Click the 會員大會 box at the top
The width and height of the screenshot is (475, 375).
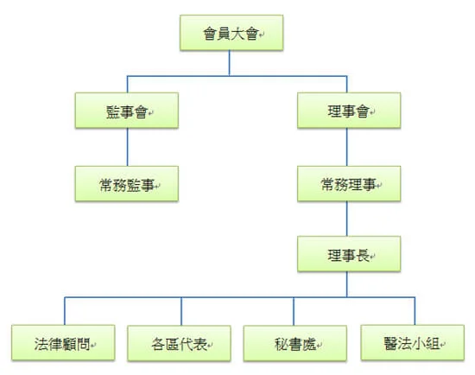click(231, 33)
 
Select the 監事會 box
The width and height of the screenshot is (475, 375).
click(127, 111)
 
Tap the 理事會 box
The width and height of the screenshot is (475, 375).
click(349, 111)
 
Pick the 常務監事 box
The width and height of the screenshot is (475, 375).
click(127, 183)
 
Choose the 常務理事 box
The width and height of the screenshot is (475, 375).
click(349, 183)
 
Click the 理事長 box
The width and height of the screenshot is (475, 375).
click(349, 254)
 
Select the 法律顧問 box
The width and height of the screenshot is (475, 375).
click(63, 342)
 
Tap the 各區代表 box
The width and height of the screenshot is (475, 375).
click(179, 343)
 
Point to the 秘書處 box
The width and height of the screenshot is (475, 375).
click(295, 343)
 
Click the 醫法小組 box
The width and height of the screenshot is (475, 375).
click(413, 342)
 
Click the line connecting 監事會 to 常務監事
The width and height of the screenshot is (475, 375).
click(127, 147)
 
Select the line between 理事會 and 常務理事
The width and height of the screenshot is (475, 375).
click(347, 147)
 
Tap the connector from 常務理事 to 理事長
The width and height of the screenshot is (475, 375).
click(347, 219)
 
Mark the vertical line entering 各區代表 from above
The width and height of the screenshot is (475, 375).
click(181, 311)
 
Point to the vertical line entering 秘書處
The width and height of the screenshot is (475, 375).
click(294, 311)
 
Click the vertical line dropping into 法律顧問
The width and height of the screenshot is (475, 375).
click(65, 311)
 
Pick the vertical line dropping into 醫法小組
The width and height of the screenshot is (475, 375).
click(415, 311)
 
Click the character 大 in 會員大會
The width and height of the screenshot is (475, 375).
click(237, 34)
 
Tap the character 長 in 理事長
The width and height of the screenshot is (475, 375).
click(363, 255)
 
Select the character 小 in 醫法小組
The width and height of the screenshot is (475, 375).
click(419, 344)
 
